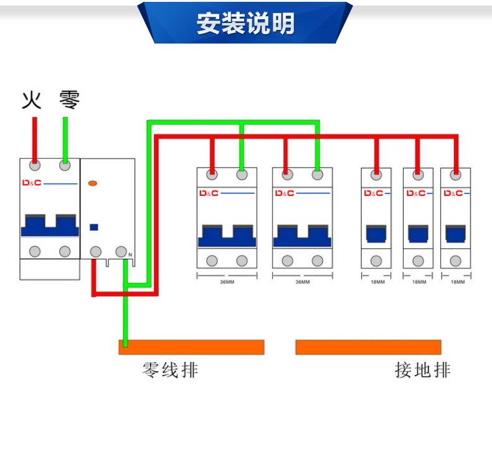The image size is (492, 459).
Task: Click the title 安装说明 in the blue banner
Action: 245,24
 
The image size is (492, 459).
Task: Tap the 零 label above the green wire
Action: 69,100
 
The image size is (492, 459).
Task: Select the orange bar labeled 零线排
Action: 191,347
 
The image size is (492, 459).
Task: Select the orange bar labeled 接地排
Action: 368,347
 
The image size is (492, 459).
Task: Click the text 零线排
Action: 170,370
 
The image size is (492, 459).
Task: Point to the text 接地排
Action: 422,370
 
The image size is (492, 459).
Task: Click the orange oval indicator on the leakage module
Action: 93,183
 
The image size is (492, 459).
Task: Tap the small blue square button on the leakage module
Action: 95,227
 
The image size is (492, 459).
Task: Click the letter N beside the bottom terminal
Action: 130,255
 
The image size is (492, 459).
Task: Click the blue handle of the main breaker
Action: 50,225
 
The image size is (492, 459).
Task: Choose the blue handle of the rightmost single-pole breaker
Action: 455,234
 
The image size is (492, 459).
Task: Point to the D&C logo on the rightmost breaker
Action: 453,193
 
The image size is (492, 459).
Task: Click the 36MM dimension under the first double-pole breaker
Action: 227,282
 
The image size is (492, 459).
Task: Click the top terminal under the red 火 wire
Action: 35,165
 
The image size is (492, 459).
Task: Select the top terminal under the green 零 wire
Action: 65,165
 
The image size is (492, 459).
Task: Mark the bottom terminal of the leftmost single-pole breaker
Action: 376,261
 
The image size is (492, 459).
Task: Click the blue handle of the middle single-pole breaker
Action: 418,234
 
